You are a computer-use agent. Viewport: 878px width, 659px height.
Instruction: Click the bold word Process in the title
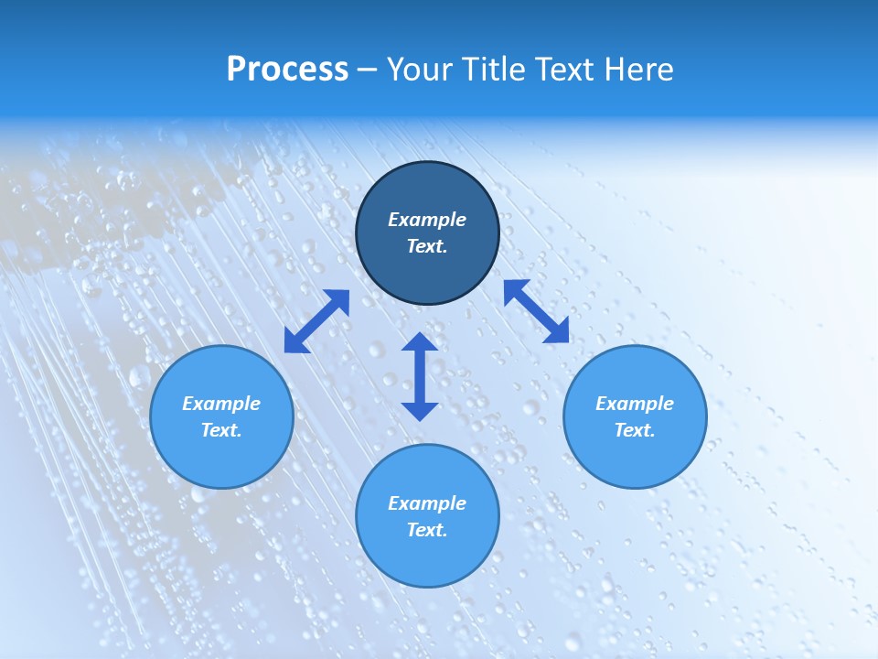(x=287, y=70)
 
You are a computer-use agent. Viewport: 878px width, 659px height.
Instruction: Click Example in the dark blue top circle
(x=427, y=220)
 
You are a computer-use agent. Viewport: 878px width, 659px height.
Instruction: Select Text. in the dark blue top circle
(x=427, y=246)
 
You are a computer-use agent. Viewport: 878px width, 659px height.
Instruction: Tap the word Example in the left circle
(x=221, y=404)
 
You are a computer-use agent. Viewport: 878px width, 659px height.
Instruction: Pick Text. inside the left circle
(x=221, y=430)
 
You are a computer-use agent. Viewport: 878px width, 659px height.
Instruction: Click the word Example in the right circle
(x=635, y=404)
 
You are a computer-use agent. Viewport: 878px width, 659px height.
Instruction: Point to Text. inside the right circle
(x=635, y=430)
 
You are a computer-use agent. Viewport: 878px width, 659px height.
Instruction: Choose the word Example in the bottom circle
(x=427, y=503)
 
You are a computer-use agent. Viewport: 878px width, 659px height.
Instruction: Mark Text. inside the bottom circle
(x=427, y=530)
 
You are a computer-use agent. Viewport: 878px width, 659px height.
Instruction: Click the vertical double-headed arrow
(x=420, y=376)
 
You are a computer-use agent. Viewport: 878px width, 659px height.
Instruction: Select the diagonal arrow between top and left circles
(x=316, y=321)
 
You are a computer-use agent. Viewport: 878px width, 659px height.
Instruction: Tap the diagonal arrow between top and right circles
(x=536, y=311)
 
